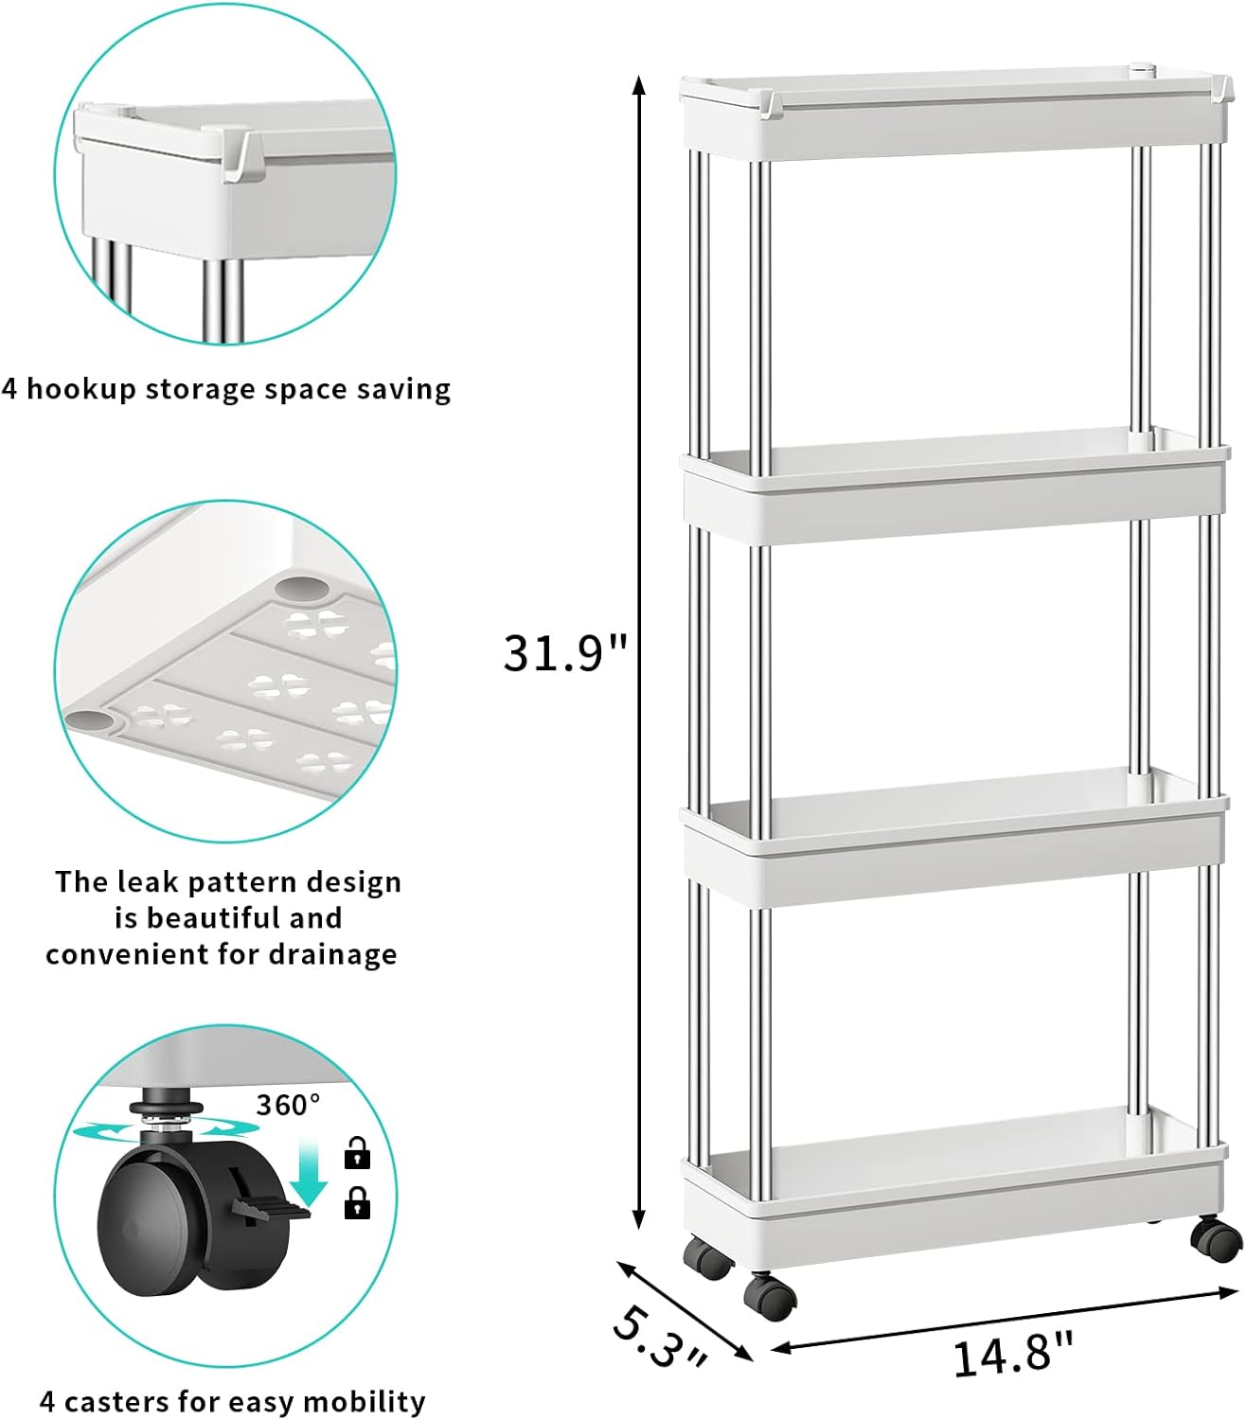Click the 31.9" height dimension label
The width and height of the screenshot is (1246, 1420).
[x=564, y=653]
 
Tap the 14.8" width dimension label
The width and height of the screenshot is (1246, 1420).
[x=1012, y=1355]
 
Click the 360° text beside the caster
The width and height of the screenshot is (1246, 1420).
[x=288, y=1106]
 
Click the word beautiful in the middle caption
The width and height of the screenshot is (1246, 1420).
[x=209, y=917]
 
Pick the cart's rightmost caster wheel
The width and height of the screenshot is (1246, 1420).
[x=1215, y=1240]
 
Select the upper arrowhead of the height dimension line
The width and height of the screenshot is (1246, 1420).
[x=638, y=84]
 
